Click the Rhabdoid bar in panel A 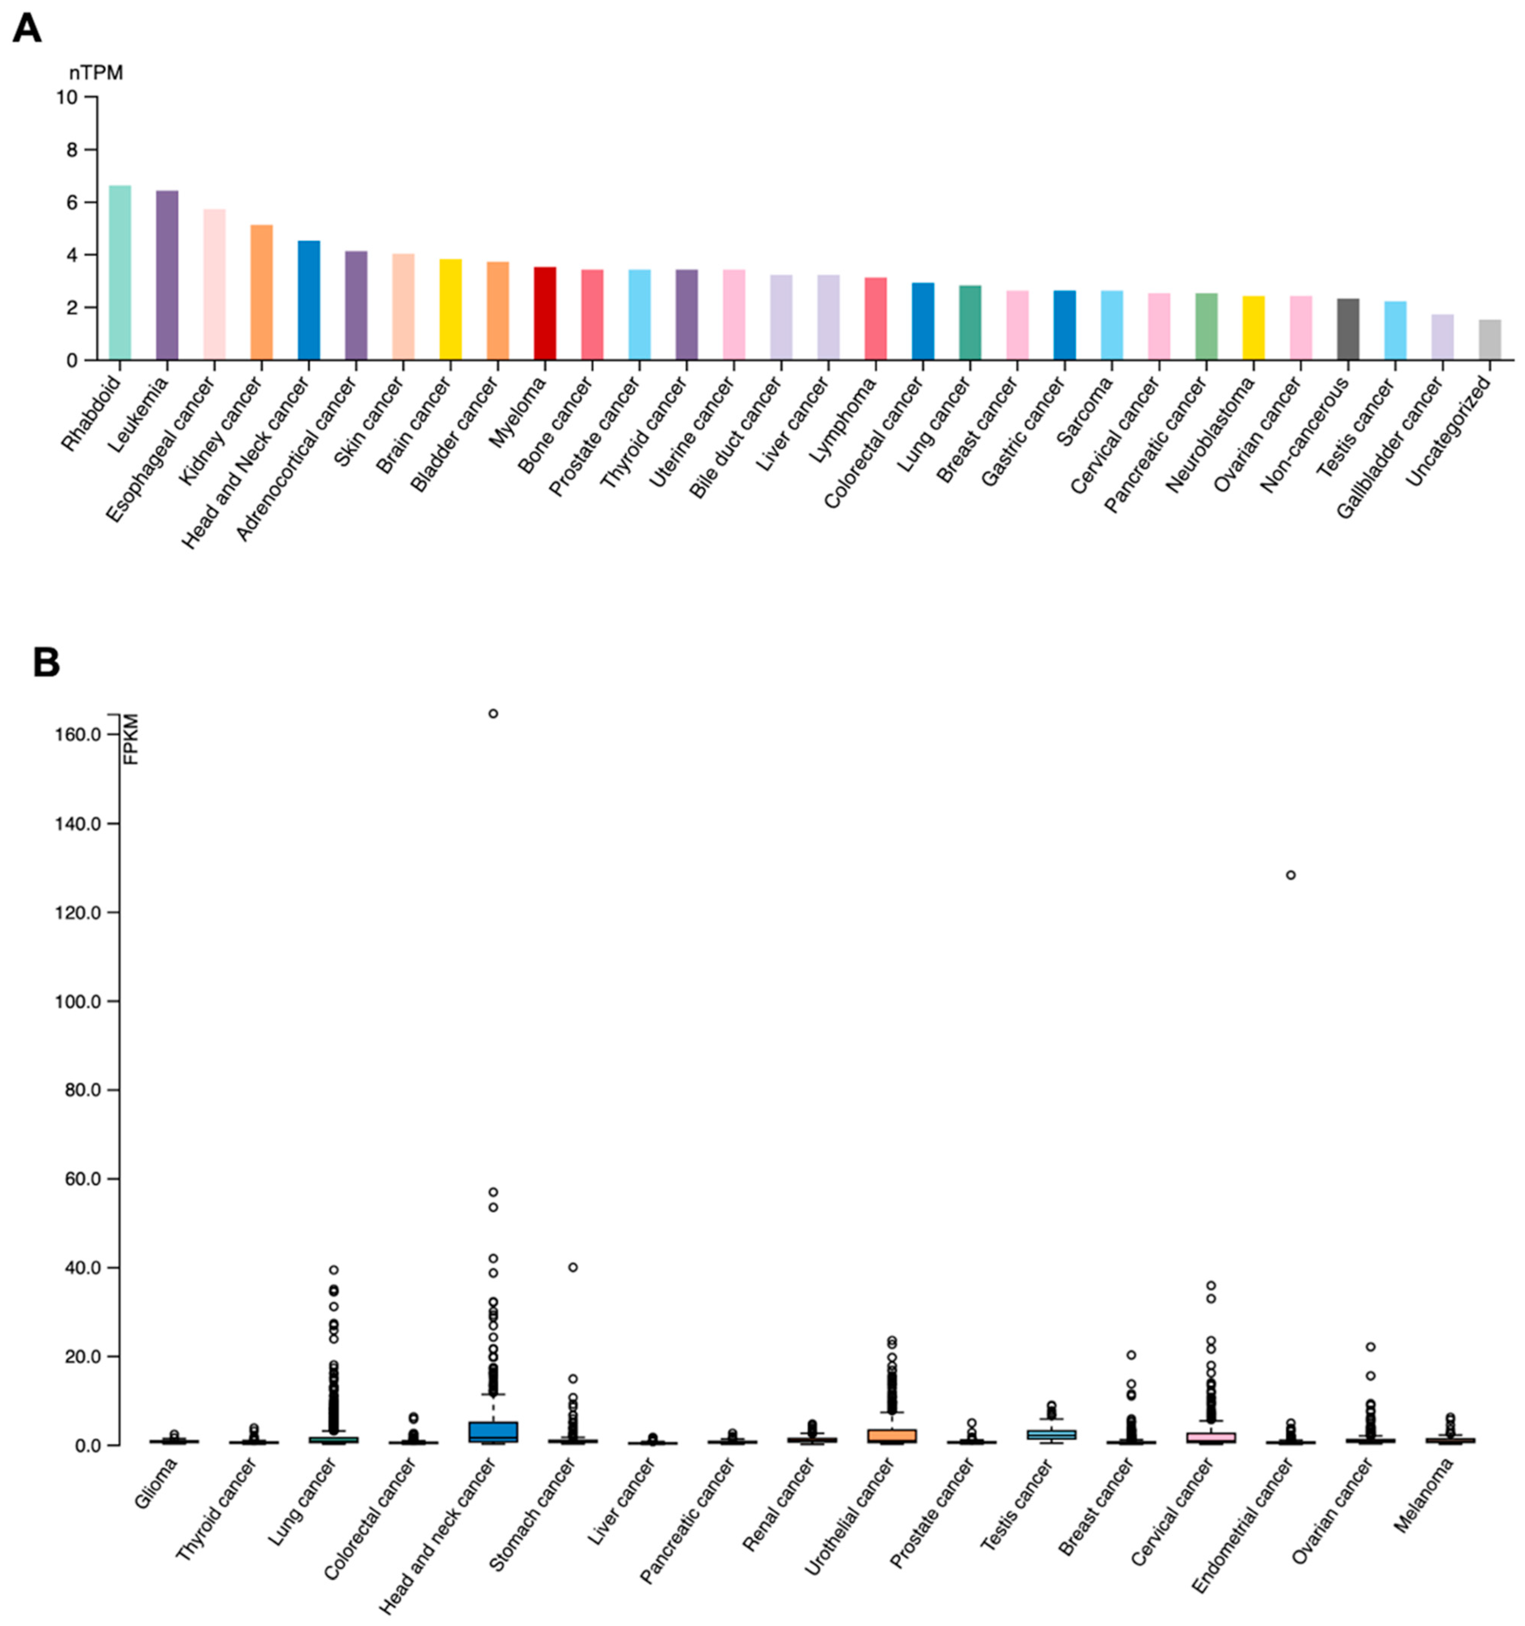(x=119, y=273)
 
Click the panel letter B (x=46, y=662)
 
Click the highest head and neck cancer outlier (x=493, y=713)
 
